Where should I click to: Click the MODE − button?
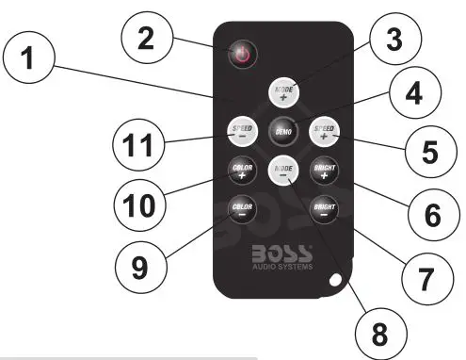pyautogui.click(x=281, y=171)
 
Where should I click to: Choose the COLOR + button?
pyautogui.click(x=240, y=172)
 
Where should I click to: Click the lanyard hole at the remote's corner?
pyautogui.click(x=336, y=280)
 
